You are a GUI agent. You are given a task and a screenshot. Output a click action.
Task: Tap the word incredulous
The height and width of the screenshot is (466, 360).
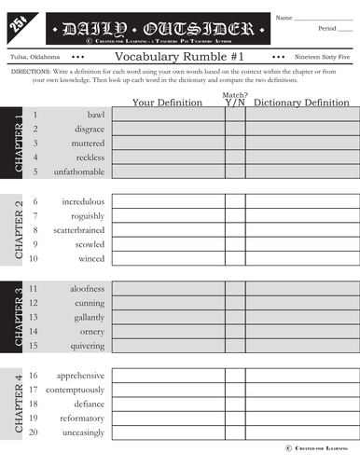point(83,201)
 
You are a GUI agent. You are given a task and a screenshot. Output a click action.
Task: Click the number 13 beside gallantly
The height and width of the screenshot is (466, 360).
point(34,318)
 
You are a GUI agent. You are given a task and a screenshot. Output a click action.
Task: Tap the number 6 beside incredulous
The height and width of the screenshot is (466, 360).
point(35,201)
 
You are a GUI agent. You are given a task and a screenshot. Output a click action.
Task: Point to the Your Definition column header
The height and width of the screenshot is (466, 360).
point(168,102)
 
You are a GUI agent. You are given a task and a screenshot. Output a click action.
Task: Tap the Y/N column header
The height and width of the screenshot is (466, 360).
point(234,102)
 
